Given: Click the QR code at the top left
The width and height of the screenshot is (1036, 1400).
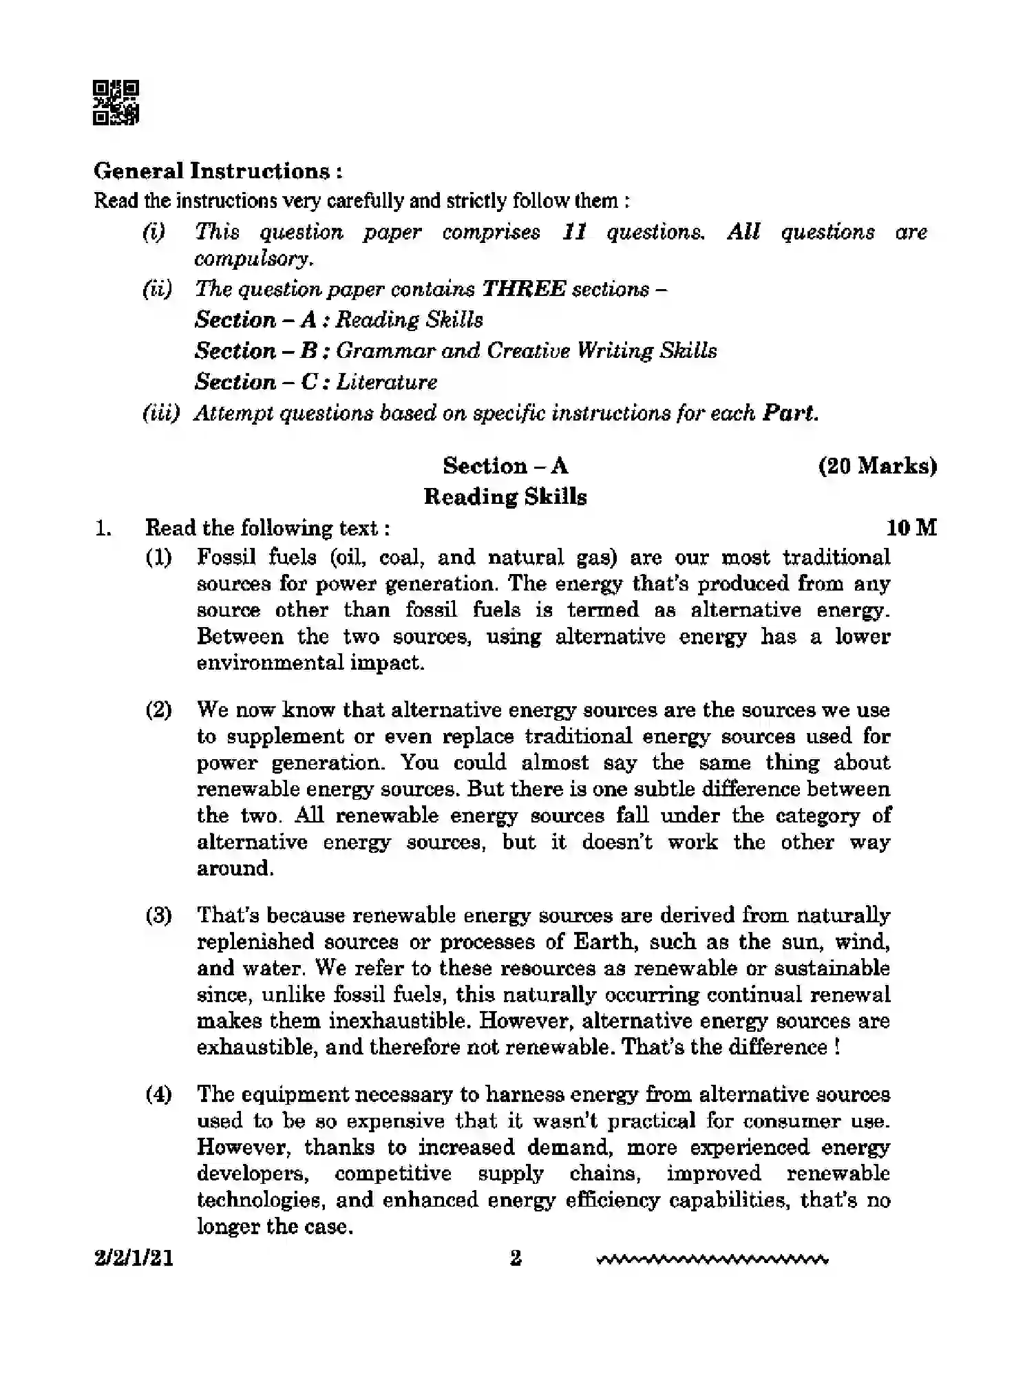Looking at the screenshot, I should tap(116, 103).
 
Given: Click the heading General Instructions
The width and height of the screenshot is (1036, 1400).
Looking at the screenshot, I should tap(218, 171).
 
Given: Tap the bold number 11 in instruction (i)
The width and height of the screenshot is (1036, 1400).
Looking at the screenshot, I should tap(574, 232).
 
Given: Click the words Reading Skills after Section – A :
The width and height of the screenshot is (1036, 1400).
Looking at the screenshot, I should tap(409, 320).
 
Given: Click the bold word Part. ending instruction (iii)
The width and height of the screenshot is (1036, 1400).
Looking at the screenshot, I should tap(790, 413).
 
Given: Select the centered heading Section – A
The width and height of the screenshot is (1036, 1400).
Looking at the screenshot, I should tap(505, 466).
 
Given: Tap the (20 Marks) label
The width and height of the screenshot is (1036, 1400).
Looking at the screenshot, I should tap(877, 466).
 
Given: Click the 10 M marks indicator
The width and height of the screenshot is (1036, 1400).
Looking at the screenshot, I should tap(911, 528).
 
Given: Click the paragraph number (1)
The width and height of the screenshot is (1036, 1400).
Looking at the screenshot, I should tap(158, 557).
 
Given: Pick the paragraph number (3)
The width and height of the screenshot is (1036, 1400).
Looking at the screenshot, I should tap(158, 915).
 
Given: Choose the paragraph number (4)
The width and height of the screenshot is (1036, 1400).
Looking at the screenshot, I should tap(158, 1094).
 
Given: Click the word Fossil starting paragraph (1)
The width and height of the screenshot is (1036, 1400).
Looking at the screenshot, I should tap(226, 557).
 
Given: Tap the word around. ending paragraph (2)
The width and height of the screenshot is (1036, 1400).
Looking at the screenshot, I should tap(235, 869).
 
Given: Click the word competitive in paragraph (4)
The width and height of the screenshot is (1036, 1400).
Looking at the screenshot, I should tap(393, 1174).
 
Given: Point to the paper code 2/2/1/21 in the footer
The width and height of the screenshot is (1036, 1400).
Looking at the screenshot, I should tap(134, 1259).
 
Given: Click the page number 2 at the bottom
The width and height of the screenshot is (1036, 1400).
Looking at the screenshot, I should tap(516, 1259).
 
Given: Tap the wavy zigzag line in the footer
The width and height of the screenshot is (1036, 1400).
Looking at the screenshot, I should tap(712, 1261).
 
